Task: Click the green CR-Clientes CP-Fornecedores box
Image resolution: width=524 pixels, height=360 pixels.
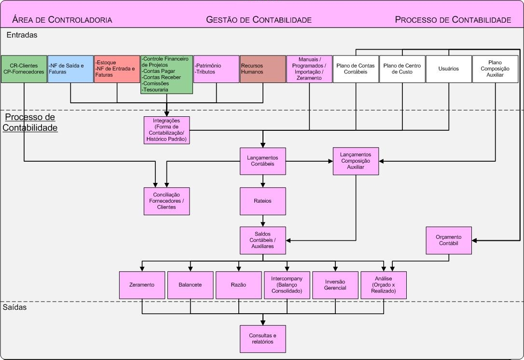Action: (24, 69)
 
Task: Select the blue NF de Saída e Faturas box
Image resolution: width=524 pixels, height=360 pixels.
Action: (70, 69)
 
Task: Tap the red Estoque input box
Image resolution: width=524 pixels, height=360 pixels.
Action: (117, 69)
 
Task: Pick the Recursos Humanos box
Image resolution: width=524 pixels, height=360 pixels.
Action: (263, 69)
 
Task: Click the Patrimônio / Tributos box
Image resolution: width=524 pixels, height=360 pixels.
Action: (216, 69)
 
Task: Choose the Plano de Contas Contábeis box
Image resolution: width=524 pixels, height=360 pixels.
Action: (356, 69)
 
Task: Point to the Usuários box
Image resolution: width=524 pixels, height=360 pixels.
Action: (449, 69)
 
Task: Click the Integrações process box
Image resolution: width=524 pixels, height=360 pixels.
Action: (166, 130)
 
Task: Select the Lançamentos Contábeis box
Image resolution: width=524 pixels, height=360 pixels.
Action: (263, 161)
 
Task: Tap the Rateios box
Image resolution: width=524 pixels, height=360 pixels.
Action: (263, 201)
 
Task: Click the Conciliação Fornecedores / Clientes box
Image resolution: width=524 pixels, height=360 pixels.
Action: (166, 201)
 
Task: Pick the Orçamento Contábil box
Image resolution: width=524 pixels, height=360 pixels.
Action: (449, 240)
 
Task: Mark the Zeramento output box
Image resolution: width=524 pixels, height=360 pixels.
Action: (142, 285)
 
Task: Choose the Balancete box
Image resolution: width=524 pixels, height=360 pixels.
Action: (190, 285)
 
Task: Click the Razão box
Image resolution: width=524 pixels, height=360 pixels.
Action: (238, 285)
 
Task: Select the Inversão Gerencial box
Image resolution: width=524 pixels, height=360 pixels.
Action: (335, 285)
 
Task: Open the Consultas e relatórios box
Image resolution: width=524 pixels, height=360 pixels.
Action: (263, 338)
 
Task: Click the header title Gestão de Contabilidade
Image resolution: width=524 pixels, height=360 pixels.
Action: (259, 20)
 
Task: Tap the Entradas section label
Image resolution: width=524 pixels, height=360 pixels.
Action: (22, 35)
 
